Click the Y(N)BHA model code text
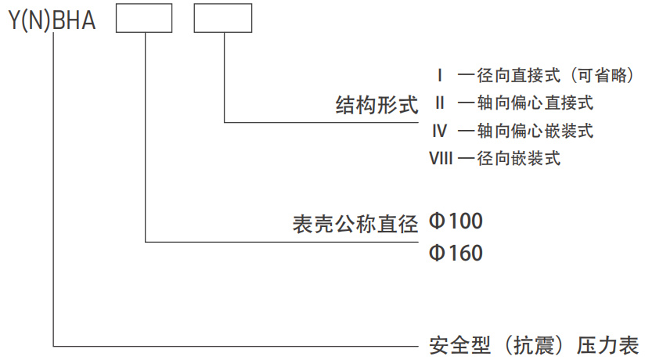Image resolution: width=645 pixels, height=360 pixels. (x=52, y=20)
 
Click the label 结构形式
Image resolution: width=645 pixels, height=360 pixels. (x=377, y=105)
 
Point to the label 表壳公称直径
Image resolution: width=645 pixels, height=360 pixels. (x=355, y=225)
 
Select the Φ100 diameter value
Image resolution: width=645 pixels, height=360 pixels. (x=456, y=221)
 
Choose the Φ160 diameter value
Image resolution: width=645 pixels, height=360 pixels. (x=456, y=253)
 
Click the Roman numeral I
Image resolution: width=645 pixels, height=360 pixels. (x=440, y=76)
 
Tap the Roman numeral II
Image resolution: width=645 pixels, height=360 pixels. (x=440, y=103)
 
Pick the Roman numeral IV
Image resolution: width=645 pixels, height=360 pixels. (x=440, y=131)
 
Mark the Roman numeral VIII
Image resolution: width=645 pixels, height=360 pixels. (x=441, y=158)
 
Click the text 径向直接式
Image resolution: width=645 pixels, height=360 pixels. (x=519, y=76)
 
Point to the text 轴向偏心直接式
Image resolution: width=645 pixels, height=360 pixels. (x=535, y=103)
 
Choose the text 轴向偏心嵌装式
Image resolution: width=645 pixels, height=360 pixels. (x=535, y=131)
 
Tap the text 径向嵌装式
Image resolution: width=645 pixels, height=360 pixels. (x=519, y=158)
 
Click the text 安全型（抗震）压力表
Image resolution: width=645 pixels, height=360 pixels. (x=534, y=345)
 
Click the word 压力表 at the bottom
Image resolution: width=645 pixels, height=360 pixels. (x=608, y=345)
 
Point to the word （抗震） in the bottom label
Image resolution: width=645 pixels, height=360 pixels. (x=534, y=345)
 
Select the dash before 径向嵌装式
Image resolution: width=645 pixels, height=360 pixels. (x=467, y=159)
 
